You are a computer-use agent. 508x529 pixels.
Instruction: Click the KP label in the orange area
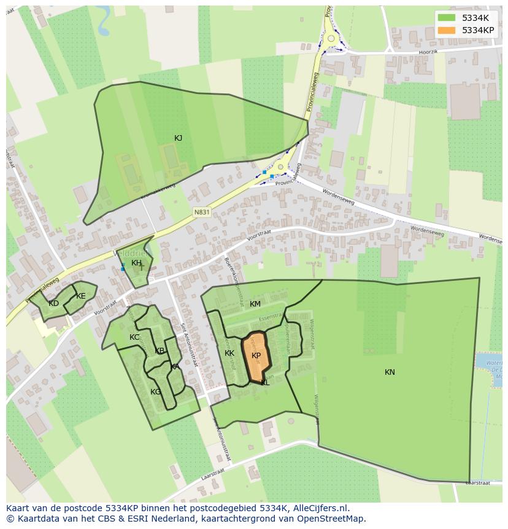point(256,356)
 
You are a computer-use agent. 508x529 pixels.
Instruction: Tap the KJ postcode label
point(178,138)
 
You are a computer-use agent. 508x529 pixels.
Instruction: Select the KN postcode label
point(390,372)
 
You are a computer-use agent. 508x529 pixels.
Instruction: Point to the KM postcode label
point(255,304)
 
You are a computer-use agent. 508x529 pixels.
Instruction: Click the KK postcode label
point(229,353)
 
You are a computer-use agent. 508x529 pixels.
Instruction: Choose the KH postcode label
point(136,263)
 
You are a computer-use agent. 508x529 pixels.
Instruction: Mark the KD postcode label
point(54,304)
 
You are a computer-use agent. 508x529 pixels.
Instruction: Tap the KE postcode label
point(81,296)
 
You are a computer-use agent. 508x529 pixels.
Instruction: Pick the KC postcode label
point(134,337)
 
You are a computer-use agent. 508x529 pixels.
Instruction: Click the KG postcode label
point(156,392)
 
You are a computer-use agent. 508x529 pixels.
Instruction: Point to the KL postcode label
point(265,383)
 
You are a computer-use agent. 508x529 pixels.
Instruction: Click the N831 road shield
point(201,213)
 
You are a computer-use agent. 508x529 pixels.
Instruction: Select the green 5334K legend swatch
point(447,18)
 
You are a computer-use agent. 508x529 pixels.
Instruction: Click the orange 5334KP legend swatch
point(447,30)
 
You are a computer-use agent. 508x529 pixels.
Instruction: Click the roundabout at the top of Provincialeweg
point(331,38)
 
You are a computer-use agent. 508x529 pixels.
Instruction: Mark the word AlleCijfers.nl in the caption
point(321,509)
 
